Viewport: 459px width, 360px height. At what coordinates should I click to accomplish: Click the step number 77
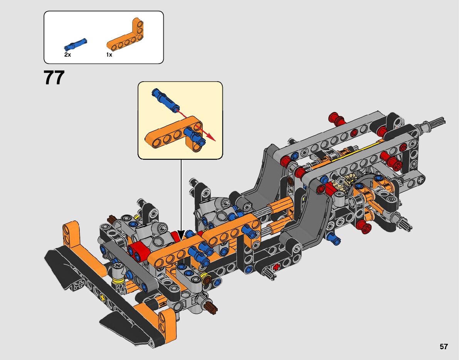tap(54, 77)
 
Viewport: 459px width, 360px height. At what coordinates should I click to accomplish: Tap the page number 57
tap(444, 347)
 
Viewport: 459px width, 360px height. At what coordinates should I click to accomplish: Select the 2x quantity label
tap(67, 55)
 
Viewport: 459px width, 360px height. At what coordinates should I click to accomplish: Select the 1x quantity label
tap(109, 55)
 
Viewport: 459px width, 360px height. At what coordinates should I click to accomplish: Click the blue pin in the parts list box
tap(76, 44)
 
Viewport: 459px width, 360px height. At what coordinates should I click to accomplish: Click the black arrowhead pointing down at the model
tap(181, 235)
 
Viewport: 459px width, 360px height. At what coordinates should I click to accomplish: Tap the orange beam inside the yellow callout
tap(173, 133)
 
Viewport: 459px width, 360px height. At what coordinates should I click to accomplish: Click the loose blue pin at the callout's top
tap(165, 100)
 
